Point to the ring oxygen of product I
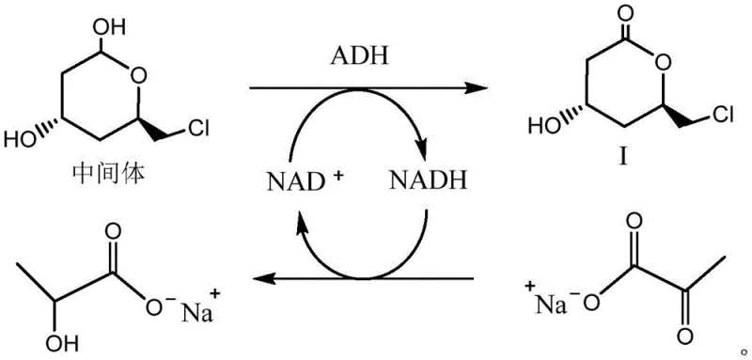[x=660, y=66]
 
